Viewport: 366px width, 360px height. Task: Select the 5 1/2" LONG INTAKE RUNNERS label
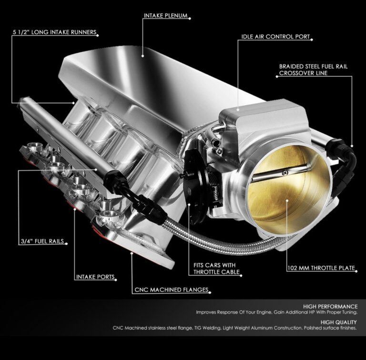[54, 33]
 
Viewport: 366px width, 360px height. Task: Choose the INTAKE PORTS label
[96, 277]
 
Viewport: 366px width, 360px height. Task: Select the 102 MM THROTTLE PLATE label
[321, 268]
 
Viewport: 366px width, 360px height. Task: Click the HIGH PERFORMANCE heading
[330, 306]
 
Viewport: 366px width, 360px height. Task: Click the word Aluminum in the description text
[269, 328]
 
